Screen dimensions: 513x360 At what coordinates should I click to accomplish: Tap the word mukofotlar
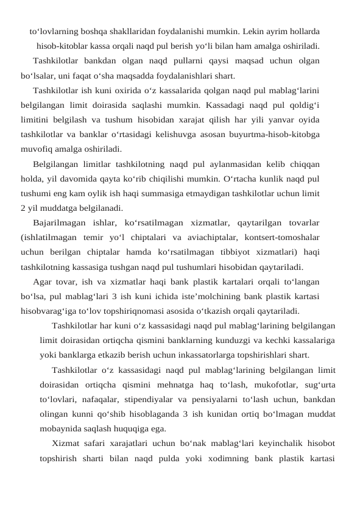pos(250,384)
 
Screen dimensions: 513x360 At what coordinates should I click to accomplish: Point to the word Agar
pos(43,281)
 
